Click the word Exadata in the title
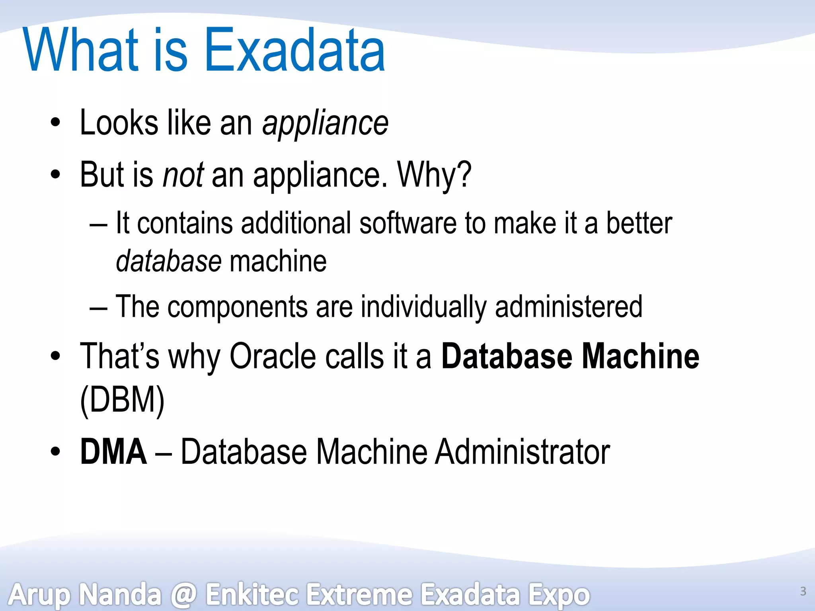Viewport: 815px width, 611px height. [x=294, y=51]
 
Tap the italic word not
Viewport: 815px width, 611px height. [x=183, y=175]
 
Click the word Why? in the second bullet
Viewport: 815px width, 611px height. [x=435, y=175]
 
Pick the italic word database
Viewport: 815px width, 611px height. [x=169, y=262]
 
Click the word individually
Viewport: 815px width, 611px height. [x=423, y=307]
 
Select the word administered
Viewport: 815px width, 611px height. [x=569, y=307]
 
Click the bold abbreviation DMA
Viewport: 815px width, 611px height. [x=113, y=451]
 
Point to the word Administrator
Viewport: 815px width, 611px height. [x=522, y=451]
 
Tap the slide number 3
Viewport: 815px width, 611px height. [x=803, y=592]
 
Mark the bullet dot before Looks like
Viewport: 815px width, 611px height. [x=55, y=123]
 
